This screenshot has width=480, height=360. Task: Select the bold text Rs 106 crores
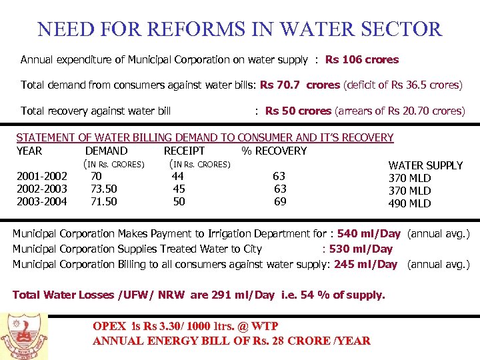tap(361, 60)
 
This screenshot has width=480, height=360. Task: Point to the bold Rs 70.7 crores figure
tap(299, 85)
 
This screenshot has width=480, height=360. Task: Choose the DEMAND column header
tap(106, 151)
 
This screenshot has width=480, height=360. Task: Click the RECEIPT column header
tap(184, 151)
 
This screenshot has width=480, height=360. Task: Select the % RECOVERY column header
tap(274, 151)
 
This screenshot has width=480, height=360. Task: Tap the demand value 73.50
tap(104, 189)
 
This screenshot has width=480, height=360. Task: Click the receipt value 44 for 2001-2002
tap(178, 176)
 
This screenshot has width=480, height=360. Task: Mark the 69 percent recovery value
tap(280, 201)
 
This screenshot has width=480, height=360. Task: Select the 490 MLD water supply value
tap(409, 203)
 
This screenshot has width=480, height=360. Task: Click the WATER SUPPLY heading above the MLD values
tap(425, 165)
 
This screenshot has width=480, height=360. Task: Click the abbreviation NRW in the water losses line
tap(173, 295)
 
